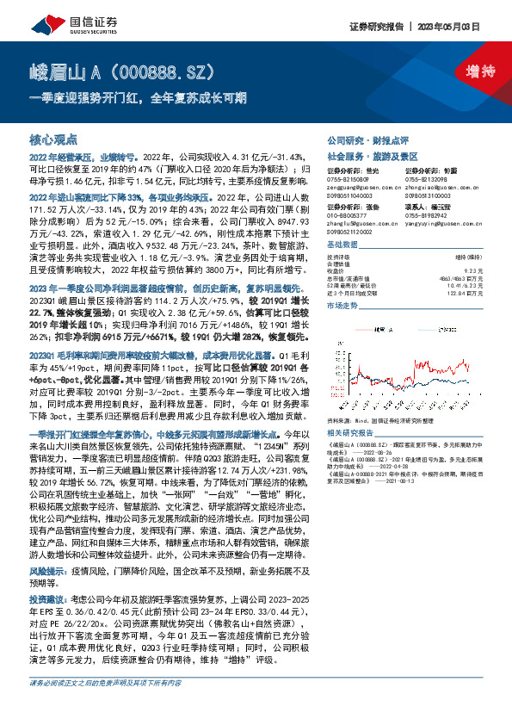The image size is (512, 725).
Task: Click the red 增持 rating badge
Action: tap(468, 71)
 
